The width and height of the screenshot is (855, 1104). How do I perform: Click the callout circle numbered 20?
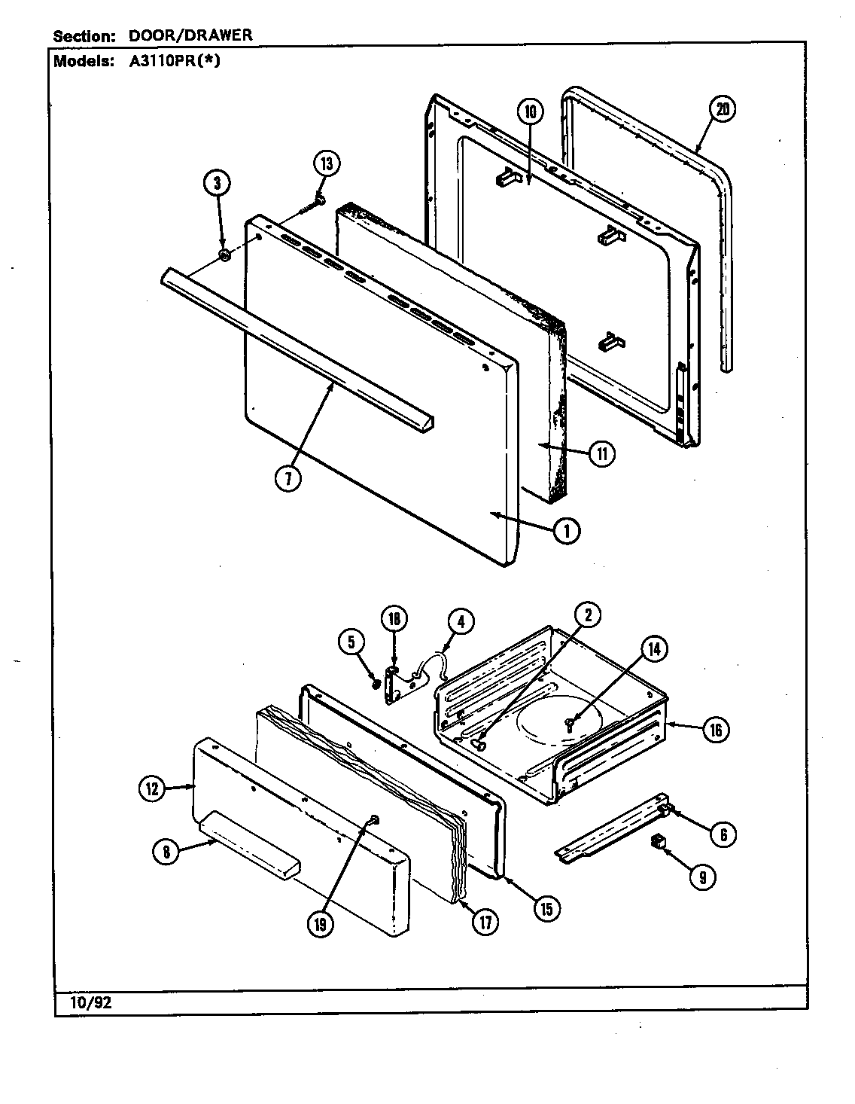pyautogui.click(x=721, y=109)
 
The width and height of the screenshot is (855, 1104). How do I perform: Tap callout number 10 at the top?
pyautogui.click(x=529, y=112)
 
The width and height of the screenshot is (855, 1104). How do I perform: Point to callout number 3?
pyautogui.click(x=217, y=184)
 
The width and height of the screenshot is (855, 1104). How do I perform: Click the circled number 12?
pyautogui.click(x=151, y=788)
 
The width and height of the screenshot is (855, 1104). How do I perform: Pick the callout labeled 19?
pyautogui.click(x=321, y=926)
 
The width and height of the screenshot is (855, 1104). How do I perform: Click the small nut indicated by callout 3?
pyautogui.click(x=224, y=257)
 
